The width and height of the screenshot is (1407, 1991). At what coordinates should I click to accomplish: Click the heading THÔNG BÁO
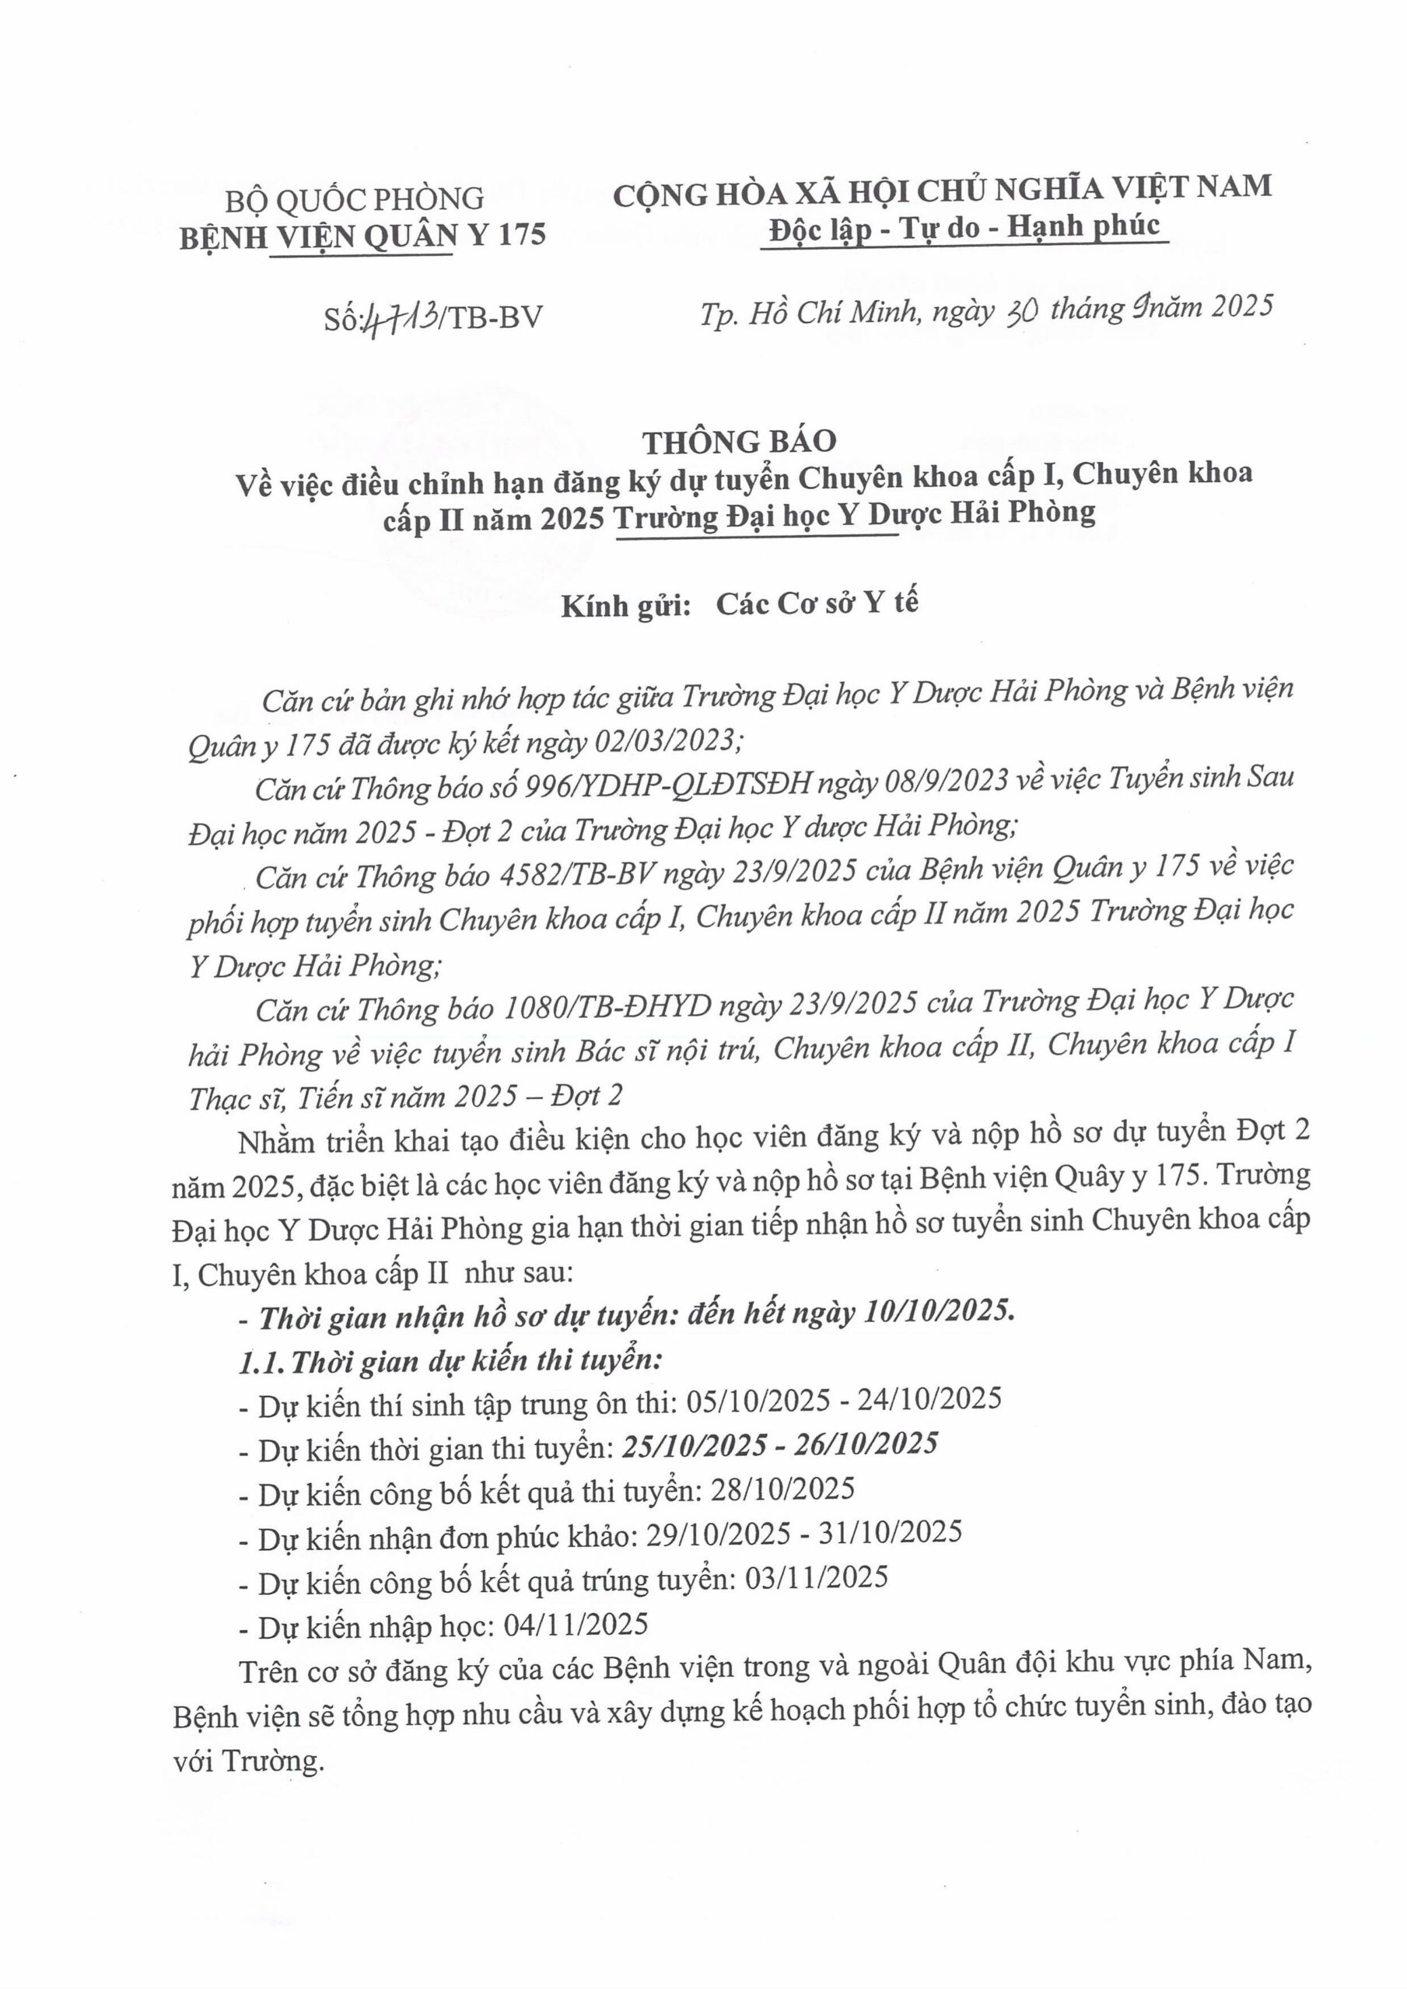[x=739, y=442]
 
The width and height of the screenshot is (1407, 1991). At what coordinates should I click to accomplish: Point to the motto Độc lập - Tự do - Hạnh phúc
[x=964, y=227]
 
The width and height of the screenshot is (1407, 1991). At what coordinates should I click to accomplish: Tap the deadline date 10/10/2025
[x=938, y=1311]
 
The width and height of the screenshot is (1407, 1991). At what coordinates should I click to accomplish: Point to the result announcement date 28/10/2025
[x=782, y=1489]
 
